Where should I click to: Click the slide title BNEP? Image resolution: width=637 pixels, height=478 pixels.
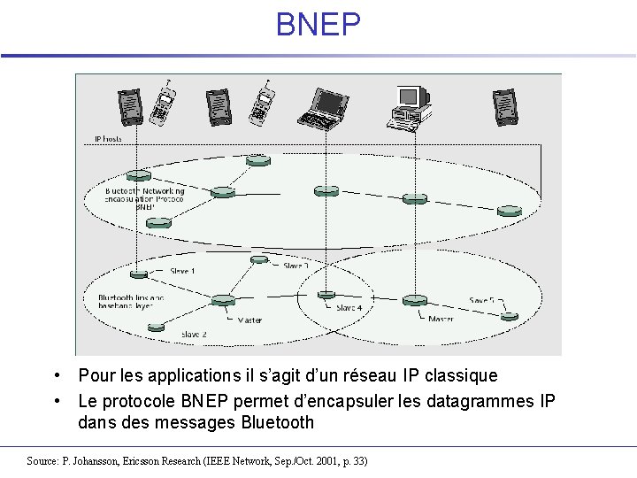[x=318, y=25]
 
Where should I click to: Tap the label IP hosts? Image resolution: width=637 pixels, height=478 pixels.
[x=108, y=139]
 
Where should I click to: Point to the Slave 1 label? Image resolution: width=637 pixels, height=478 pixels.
[x=182, y=271]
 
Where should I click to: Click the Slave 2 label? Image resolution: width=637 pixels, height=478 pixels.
[x=193, y=335]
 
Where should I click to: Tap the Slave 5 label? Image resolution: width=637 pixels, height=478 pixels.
[x=483, y=300]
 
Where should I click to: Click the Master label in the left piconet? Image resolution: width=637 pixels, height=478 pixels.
[x=249, y=320]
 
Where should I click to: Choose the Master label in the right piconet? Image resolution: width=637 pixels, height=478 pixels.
[x=441, y=318]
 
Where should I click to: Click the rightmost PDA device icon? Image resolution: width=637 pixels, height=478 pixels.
[x=504, y=105]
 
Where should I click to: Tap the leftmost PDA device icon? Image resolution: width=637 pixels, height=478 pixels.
[x=130, y=106]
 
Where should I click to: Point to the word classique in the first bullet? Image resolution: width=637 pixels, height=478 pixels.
[x=460, y=376]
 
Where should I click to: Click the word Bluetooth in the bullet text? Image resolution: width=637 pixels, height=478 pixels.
[x=277, y=422]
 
